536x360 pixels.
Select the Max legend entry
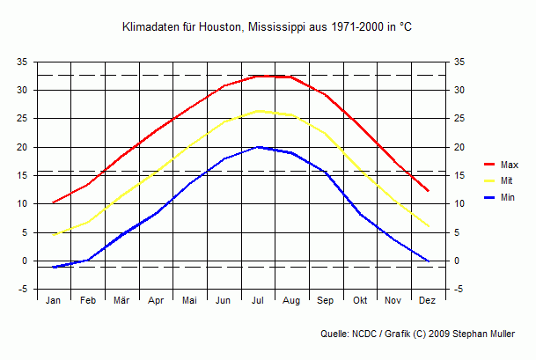tap(509, 165)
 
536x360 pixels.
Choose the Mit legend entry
tap(506, 181)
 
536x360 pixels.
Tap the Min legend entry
tap(507, 198)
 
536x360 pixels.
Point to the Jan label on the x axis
tap(54, 300)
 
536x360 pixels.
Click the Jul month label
tap(258, 300)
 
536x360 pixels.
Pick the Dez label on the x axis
tap(428, 300)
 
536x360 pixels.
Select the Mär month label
tap(121, 300)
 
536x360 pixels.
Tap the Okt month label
tap(360, 300)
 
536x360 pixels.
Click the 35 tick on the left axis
tap(22, 62)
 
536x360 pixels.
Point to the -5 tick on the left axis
tap(24, 290)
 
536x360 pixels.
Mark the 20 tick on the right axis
tap(459, 147)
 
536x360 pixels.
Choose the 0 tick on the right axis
tap(456, 261)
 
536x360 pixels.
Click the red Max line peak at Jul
tap(258, 76)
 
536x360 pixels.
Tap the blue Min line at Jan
tap(54, 267)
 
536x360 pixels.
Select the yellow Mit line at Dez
tap(428, 226)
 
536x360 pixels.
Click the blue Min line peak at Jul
tap(258, 147)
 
